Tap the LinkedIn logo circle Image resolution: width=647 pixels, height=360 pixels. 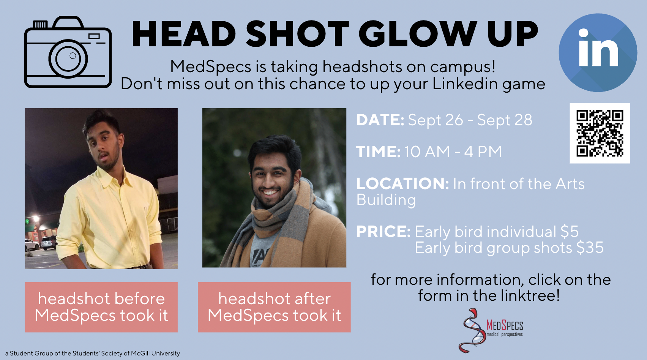point(598,53)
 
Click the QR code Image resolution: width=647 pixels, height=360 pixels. point(600,133)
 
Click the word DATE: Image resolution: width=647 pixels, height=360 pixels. point(380,120)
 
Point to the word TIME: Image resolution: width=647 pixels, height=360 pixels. point(378,152)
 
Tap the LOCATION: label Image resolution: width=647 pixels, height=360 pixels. point(402,184)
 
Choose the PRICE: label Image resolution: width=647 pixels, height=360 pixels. point(383,232)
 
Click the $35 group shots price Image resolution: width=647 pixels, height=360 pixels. point(590,248)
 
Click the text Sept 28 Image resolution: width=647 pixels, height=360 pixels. point(505,120)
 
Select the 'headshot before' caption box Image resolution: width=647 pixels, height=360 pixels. point(101,307)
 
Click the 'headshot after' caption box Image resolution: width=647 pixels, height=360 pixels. point(274,307)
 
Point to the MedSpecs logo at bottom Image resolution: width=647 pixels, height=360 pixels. point(492,330)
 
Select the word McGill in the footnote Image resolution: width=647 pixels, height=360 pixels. point(140,353)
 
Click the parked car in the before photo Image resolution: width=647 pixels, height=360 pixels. point(48,242)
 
